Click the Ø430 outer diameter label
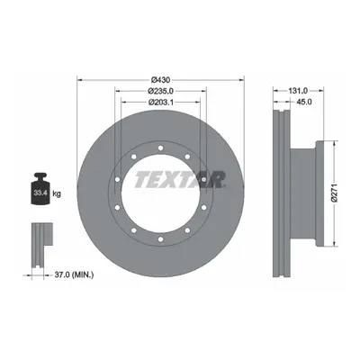click(x=161, y=80)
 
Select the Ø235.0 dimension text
click(x=161, y=91)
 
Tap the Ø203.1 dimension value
click(x=161, y=102)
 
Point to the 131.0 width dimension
click(x=298, y=91)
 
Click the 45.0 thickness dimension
click(x=304, y=102)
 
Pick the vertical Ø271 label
click(x=335, y=193)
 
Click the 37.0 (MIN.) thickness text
click(x=74, y=274)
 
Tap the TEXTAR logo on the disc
click(x=180, y=180)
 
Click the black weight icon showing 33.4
click(x=40, y=188)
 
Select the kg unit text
click(x=57, y=193)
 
